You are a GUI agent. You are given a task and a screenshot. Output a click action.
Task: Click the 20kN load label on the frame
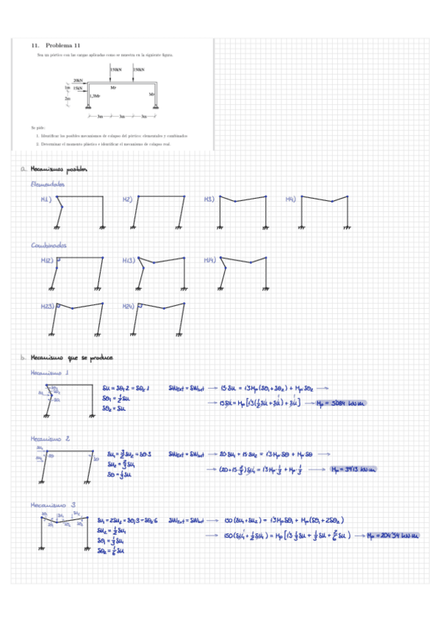pyautogui.click(x=78, y=80)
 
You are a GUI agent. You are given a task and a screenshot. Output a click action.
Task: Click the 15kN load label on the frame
pyautogui.click(x=78, y=87)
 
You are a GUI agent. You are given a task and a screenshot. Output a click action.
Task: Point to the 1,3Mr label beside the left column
pyautogui.click(x=95, y=95)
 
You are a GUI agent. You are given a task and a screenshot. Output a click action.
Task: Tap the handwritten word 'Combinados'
pyautogui.click(x=48, y=245)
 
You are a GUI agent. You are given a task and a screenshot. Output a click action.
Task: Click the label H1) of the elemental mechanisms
pyautogui.click(x=46, y=200)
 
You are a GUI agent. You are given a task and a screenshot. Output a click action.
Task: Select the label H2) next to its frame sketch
pyautogui.click(x=127, y=200)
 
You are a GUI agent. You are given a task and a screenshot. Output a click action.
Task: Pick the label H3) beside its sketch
pyautogui.click(x=209, y=200)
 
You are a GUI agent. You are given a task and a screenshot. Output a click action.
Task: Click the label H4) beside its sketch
pyautogui.click(x=290, y=200)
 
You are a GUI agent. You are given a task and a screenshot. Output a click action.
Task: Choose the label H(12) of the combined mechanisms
pyautogui.click(x=47, y=260)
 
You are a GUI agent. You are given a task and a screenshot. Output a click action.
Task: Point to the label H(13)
pyautogui.click(x=129, y=260)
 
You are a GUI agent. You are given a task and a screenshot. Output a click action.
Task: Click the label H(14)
pyautogui.click(x=209, y=260)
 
